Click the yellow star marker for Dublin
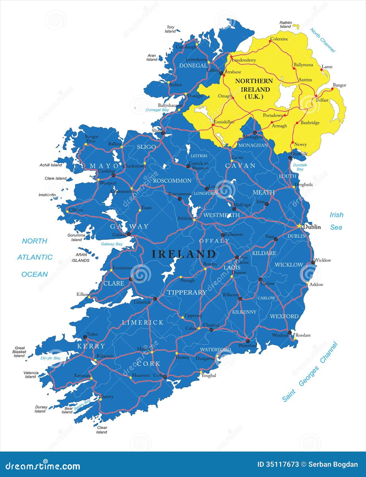pos(299,226)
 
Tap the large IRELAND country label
pos(184,254)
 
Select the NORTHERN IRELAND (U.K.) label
pos(254,89)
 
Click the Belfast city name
pos(322,100)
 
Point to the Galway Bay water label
pos(112,244)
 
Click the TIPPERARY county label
pos(187,292)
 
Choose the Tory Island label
pos(170,29)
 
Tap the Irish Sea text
pos(336,221)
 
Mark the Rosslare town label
pos(303,335)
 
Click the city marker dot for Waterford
pos(248,341)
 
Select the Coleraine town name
pos(279,39)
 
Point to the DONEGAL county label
pos(193,65)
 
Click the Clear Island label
pos(102,430)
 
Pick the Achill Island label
pos(51,165)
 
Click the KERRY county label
pos(91,346)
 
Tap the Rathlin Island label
pos(286,24)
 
